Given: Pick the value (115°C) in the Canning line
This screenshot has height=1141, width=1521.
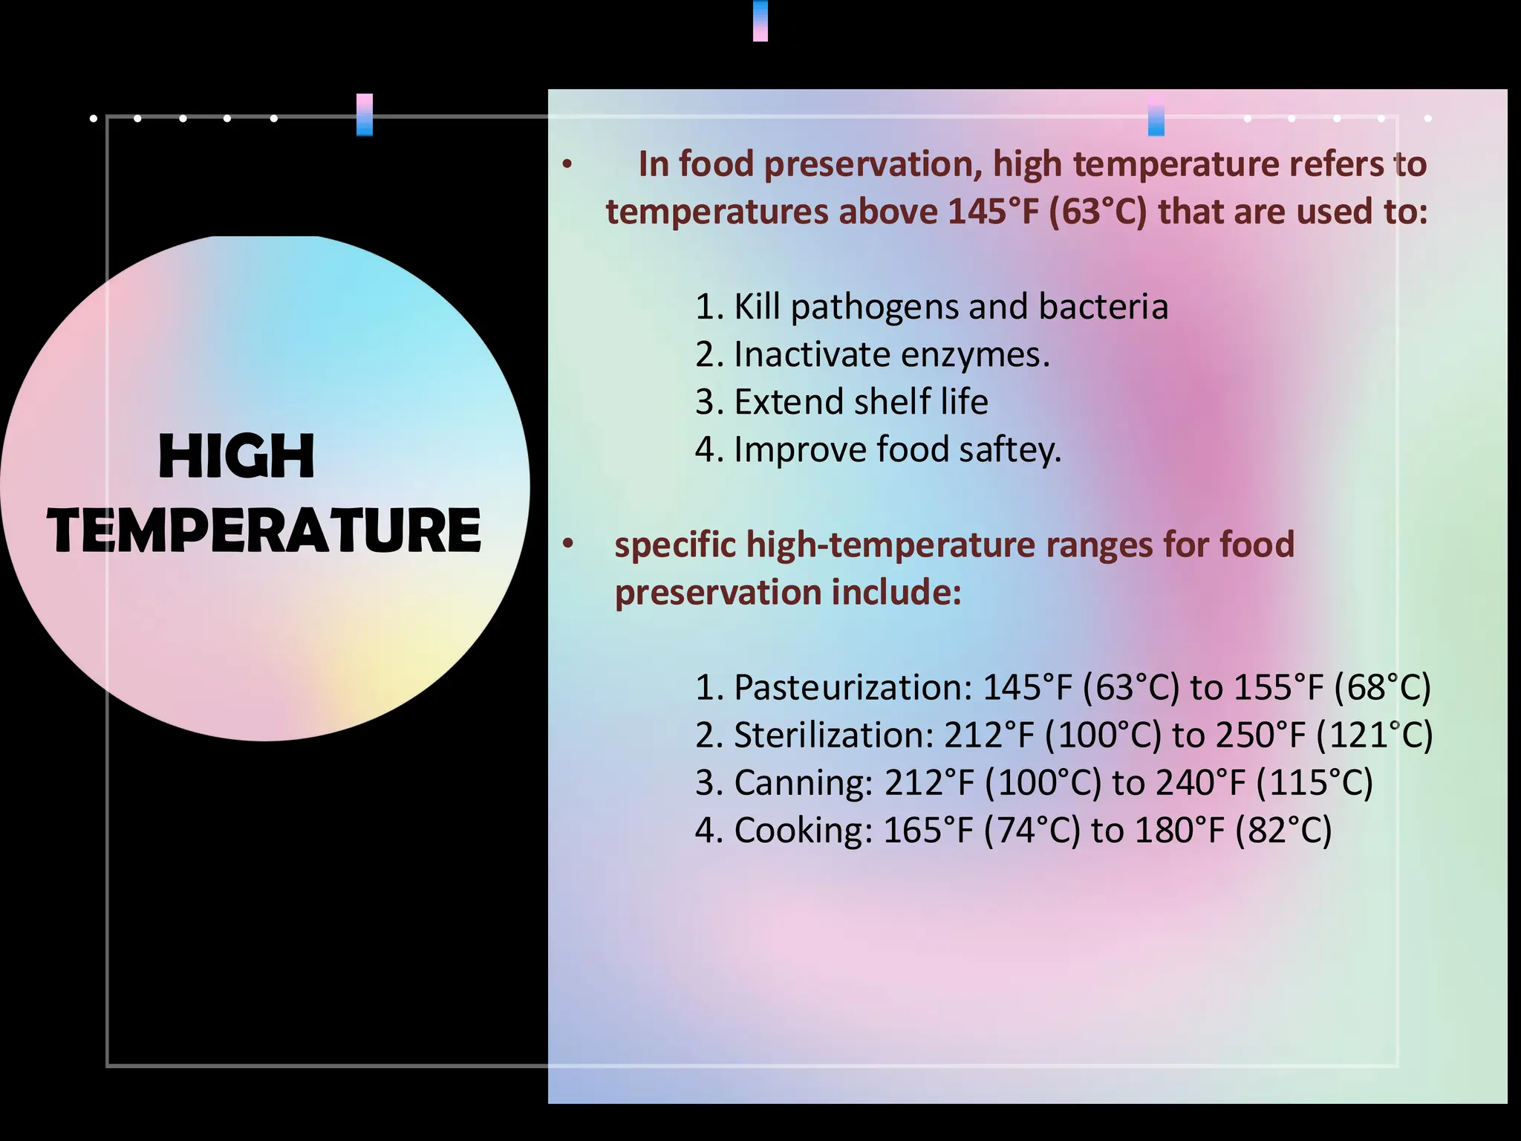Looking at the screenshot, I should (x=1315, y=782).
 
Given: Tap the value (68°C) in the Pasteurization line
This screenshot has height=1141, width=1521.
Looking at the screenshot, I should (x=1382, y=687).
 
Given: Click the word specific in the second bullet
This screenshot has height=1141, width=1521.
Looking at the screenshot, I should (x=675, y=545).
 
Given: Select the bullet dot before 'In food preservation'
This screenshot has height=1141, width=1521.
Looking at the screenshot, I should (x=567, y=164).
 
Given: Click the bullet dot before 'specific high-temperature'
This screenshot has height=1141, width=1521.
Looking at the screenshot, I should (x=568, y=544).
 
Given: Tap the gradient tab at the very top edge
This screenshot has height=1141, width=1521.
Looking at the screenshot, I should (x=760, y=20).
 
